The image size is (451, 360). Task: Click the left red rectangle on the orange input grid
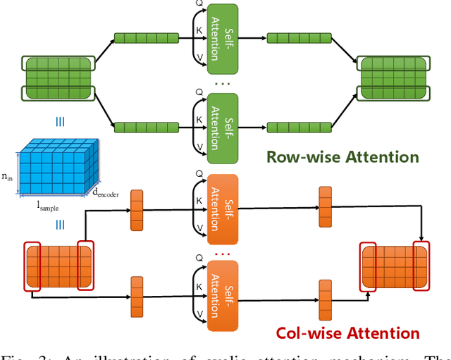[32, 265]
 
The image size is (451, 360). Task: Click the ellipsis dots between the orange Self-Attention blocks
[223, 253]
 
